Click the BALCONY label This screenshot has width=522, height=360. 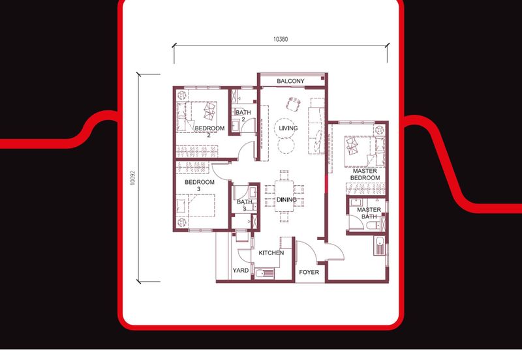(290, 81)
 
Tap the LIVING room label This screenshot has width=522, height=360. (288, 128)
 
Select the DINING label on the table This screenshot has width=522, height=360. (286, 200)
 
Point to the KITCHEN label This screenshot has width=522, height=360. (271, 252)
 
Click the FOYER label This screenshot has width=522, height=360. (309, 272)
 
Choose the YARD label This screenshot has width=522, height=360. (240, 270)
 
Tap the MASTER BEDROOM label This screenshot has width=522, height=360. (365, 174)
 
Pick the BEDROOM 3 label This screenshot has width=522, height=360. (199, 186)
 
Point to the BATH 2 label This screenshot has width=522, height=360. (242, 115)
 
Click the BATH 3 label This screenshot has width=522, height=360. (245, 205)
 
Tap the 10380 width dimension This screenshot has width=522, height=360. (281, 39)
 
